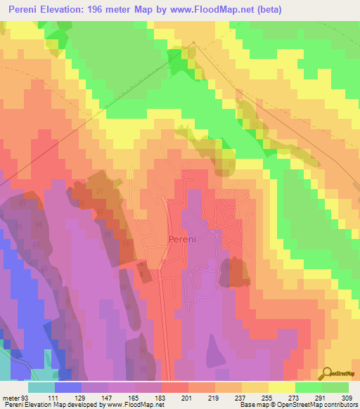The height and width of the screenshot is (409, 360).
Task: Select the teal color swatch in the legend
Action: coord(41,388)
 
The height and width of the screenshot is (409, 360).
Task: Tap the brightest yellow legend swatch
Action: coord(281,388)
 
